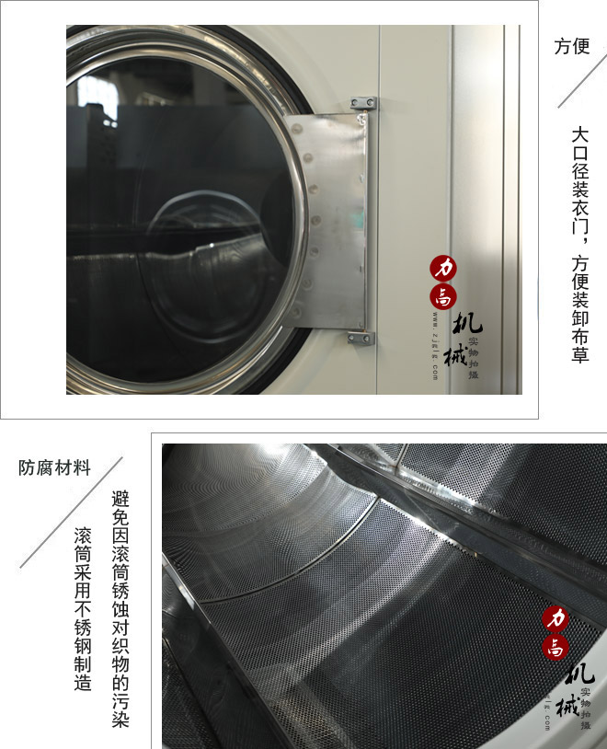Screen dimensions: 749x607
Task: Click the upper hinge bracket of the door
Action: (x=360, y=104)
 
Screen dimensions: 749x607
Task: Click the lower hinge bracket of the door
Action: (x=359, y=337)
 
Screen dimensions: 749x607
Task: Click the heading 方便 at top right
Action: (x=572, y=46)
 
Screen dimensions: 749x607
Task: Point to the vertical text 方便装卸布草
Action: (x=579, y=308)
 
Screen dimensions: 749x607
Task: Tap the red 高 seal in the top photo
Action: (x=445, y=297)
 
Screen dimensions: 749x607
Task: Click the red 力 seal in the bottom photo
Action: (x=555, y=618)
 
